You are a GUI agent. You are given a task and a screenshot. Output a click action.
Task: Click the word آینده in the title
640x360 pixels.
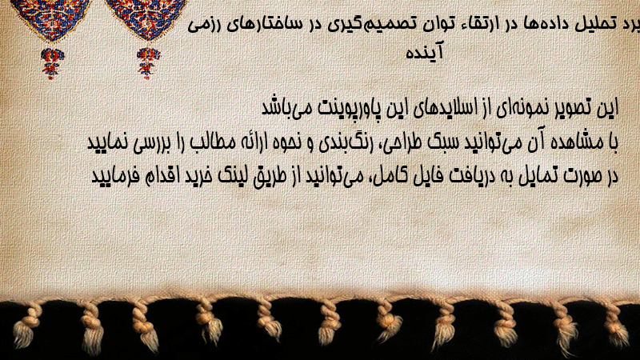424,52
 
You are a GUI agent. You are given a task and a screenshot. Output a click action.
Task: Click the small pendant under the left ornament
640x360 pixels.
52,63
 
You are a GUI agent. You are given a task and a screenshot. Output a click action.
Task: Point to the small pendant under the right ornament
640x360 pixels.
148,63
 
